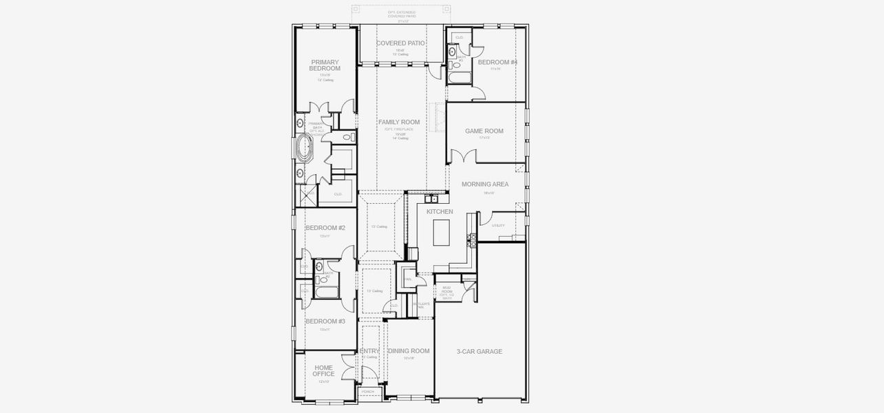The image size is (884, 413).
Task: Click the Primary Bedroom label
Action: point(325,65)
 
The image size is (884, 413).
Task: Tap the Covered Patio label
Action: point(400,43)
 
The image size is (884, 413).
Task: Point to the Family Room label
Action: point(399,122)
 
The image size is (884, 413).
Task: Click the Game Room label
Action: point(484,131)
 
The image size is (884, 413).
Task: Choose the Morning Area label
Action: point(485,184)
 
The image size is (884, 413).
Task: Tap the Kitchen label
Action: point(440,212)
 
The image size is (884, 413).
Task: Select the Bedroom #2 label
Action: point(325,228)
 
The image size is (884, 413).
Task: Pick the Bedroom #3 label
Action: point(325,321)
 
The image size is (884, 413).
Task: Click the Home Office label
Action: point(323,371)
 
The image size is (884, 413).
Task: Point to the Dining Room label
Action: point(409,351)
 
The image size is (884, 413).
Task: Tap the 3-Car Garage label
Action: point(479,352)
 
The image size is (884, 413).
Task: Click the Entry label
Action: point(369,351)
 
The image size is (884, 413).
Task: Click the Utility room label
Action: point(498,226)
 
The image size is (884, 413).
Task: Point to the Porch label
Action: point(368,392)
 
